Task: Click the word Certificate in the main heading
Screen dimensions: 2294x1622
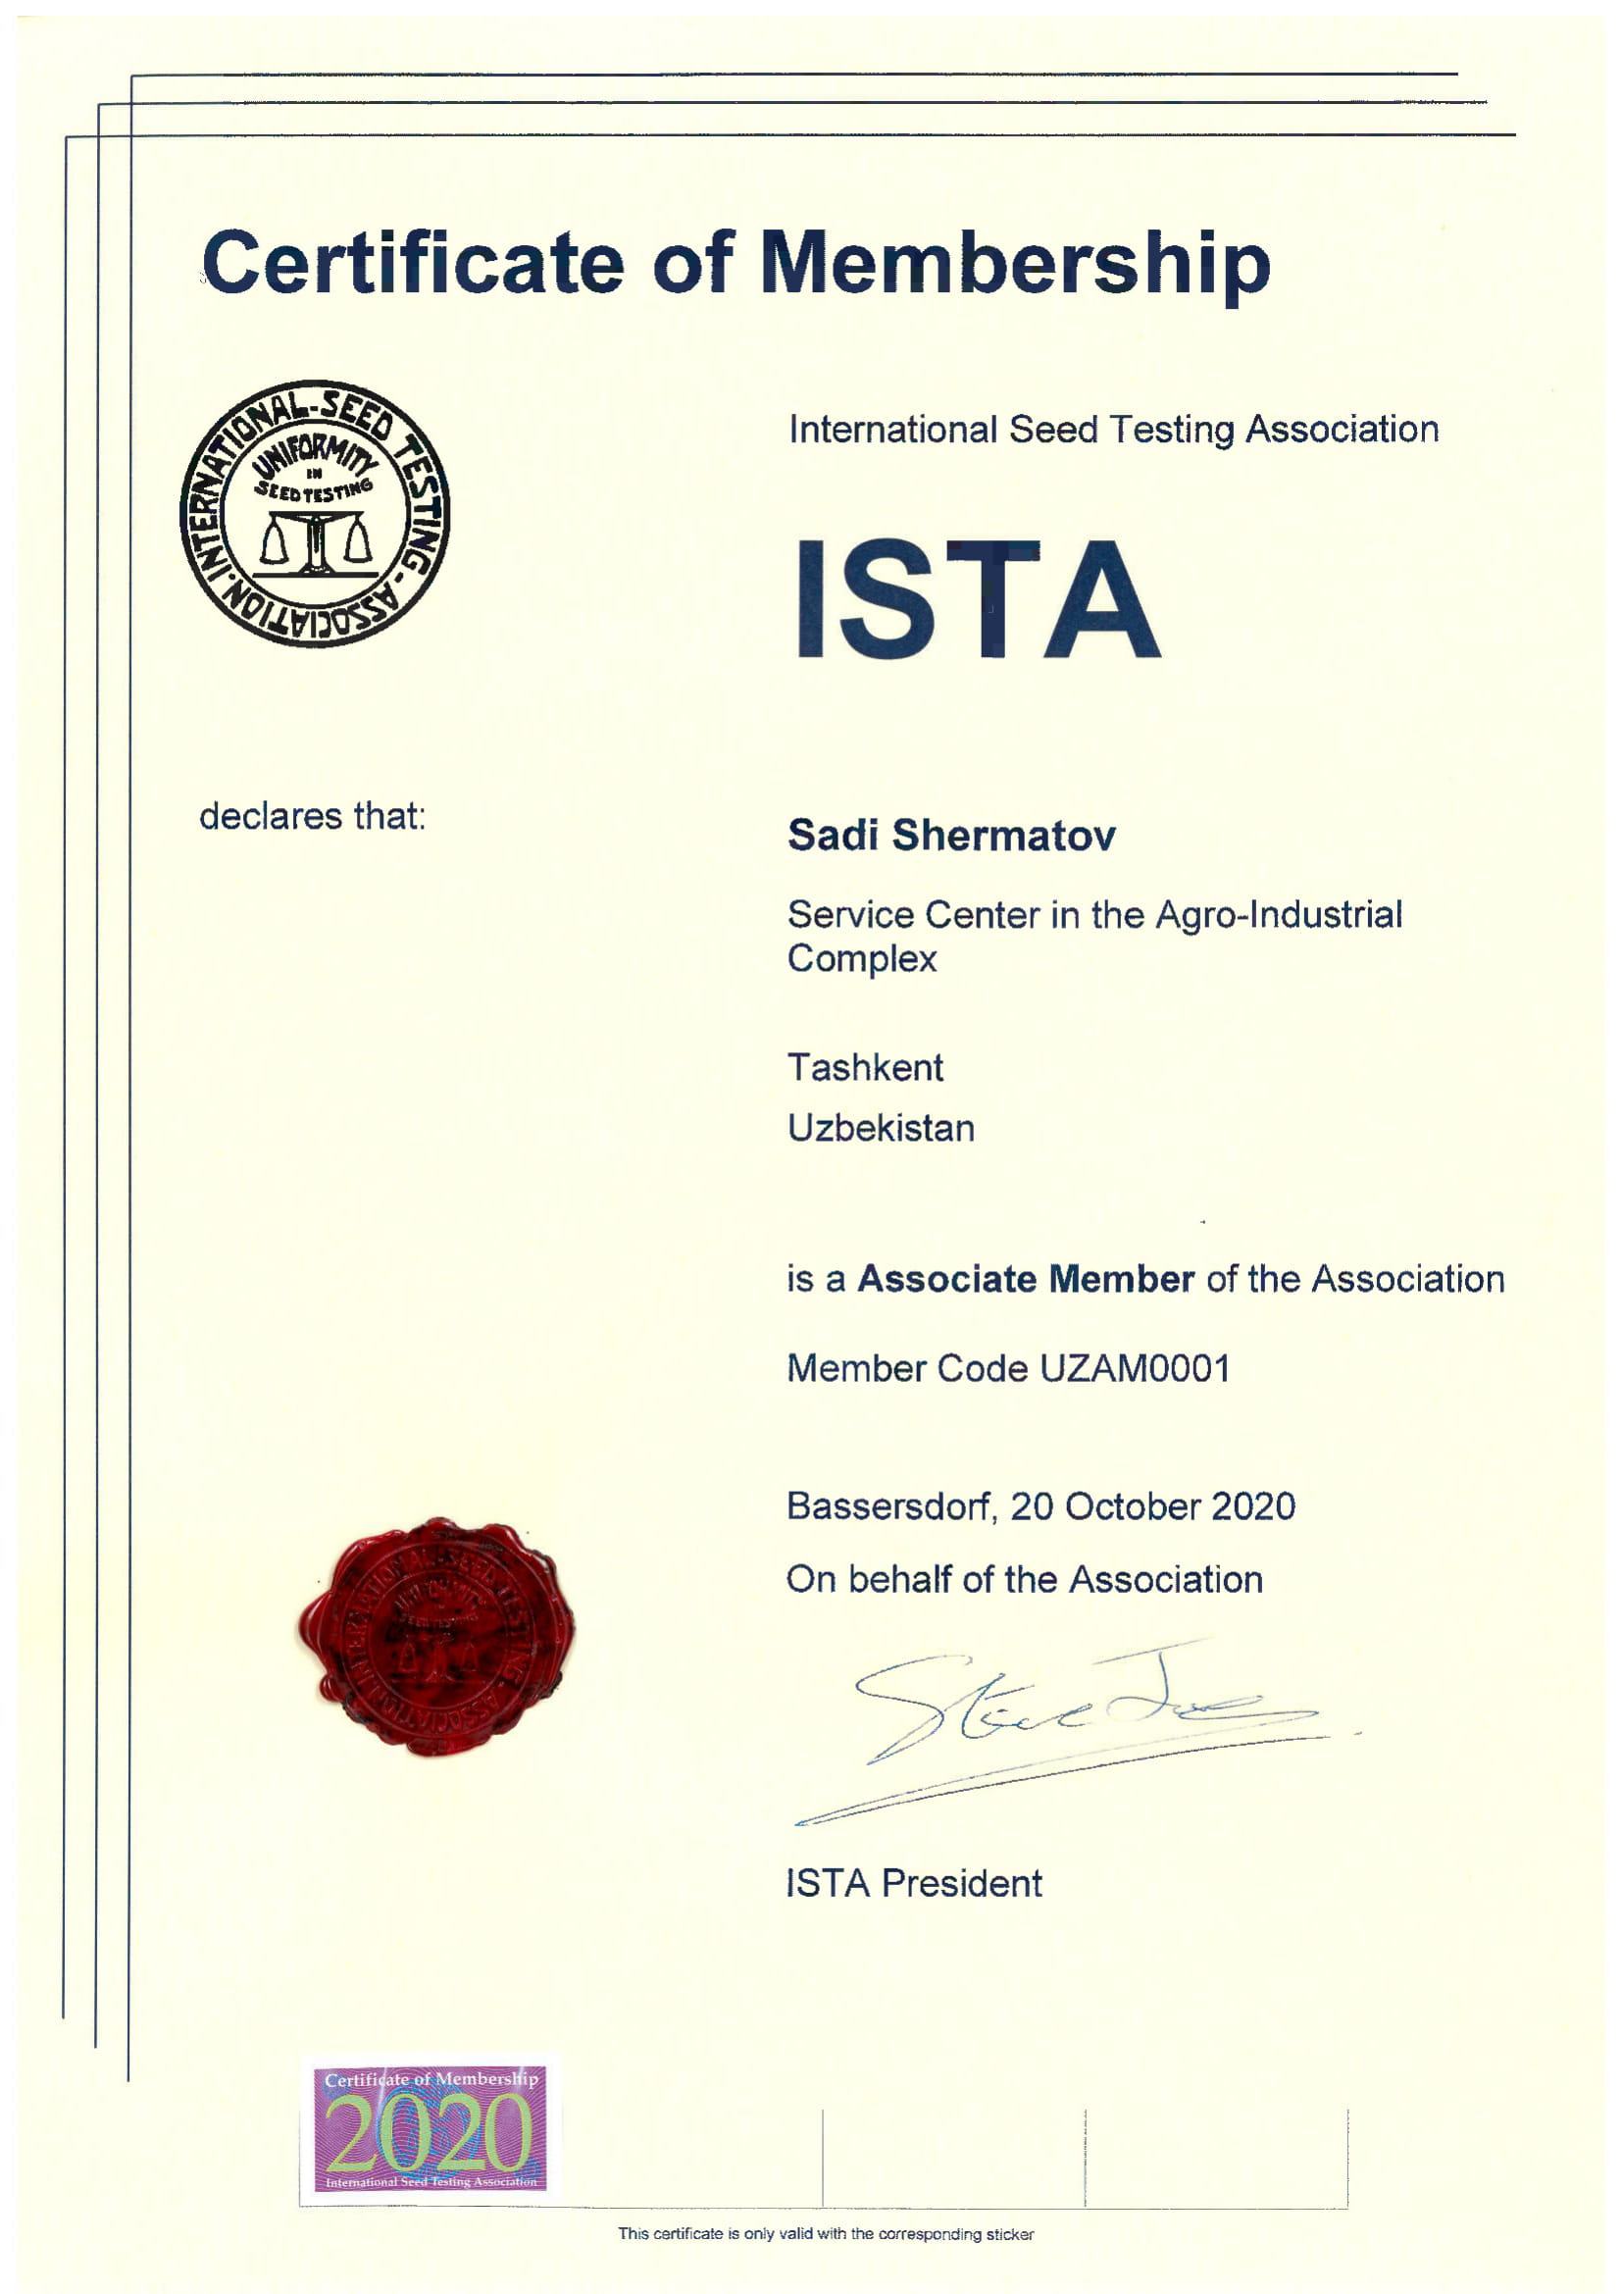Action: click(x=413, y=263)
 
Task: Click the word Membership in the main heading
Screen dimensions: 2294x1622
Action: click(x=1015, y=263)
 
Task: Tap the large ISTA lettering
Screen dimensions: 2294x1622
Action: click(x=977, y=599)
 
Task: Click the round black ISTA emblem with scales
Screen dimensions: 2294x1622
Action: click(x=315, y=513)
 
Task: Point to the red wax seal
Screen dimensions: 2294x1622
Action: click(x=435, y=1639)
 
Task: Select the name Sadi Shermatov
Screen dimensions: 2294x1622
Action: click(x=951, y=836)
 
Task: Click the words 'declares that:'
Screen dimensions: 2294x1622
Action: click(x=313, y=816)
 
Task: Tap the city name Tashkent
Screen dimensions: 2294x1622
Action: click(x=865, y=1068)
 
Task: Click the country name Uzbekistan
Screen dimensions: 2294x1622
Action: click(x=881, y=1128)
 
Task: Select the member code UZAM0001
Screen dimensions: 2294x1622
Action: click(x=1135, y=1368)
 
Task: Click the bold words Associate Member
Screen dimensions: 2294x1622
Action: click(x=1026, y=1279)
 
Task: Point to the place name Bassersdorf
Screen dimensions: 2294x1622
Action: click(x=890, y=1505)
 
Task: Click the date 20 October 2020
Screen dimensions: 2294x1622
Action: click(x=1152, y=1505)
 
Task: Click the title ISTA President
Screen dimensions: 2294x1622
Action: click(x=914, y=1883)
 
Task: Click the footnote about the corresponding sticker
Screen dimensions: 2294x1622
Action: click(x=825, y=2234)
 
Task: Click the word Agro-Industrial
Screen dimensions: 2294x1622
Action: click(x=1279, y=914)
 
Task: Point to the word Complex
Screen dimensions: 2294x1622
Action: click(x=862, y=959)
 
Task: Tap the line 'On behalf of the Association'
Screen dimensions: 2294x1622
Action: click(x=1024, y=1580)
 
